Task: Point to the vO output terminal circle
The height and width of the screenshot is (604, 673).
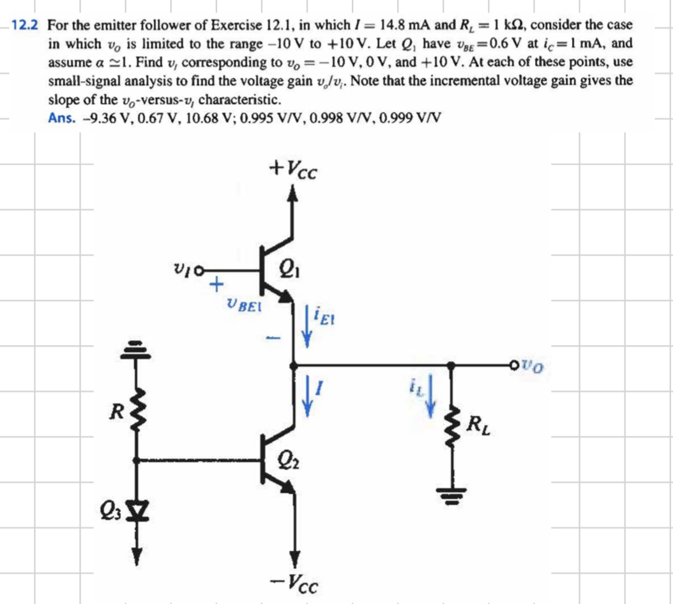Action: pos(515,366)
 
